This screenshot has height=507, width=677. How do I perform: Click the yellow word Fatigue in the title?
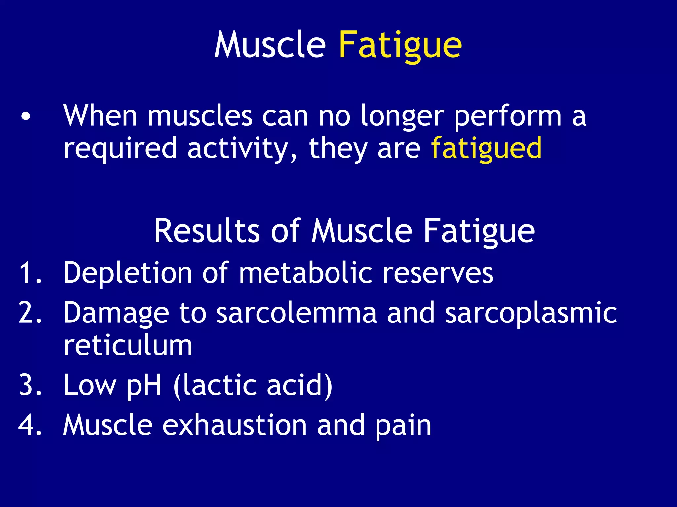click(x=400, y=45)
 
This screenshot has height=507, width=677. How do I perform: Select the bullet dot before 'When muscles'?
click(x=26, y=117)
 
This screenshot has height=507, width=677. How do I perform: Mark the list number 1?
click(x=30, y=273)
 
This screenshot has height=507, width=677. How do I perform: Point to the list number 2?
click(x=30, y=313)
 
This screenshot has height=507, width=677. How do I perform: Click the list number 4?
click(x=30, y=425)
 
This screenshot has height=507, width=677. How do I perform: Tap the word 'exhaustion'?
click(x=235, y=425)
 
